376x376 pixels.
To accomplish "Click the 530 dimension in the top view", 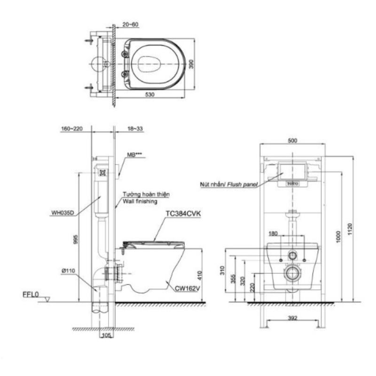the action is [149, 94].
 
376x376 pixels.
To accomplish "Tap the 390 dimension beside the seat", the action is [191, 64].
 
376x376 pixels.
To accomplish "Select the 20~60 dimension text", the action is [131, 24].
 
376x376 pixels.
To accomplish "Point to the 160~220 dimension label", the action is [72, 129].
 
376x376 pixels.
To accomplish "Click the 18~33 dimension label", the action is [135, 129].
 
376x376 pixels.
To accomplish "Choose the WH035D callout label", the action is [63, 213].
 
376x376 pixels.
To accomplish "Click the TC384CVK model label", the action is [183, 214].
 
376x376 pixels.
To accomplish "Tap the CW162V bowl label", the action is [187, 289].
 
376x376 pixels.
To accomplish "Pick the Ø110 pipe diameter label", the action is [68, 271].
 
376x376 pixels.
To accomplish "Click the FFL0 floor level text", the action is [31, 295].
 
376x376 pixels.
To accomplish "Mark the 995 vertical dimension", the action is [76, 239].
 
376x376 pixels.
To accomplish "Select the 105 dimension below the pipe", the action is [107, 335].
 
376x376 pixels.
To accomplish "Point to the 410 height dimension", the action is [200, 275].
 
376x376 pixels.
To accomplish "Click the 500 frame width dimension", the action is [292, 141].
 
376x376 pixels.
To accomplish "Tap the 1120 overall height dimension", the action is [350, 229].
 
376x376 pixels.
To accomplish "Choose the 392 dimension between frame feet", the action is [292, 318].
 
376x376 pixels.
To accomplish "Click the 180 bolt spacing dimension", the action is [273, 234].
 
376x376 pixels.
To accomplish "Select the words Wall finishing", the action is [140, 201].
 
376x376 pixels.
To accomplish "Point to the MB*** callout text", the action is [136, 155].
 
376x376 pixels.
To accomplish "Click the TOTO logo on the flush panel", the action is [292, 184].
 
